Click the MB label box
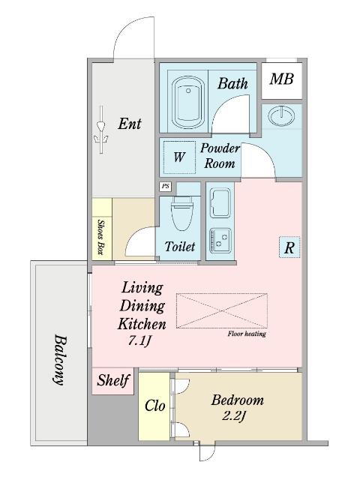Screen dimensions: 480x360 tap(282, 79)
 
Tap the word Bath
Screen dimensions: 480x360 tap(232, 83)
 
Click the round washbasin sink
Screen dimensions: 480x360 tap(282, 115)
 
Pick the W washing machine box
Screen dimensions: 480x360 tap(179, 157)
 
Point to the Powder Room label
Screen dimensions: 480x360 tap(220, 156)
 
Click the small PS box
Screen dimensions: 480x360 tap(164, 187)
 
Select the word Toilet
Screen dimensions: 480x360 tap(180, 246)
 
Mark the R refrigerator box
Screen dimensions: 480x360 tap(289, 247)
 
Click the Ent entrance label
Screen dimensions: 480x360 tap(130, 124)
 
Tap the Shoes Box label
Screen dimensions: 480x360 tap(101, 235)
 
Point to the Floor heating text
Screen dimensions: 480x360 tap(247, 335)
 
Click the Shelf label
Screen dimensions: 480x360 tap(113, 380)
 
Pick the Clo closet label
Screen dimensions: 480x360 tap(154, 406)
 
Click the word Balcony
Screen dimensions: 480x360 tap(59, 358)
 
